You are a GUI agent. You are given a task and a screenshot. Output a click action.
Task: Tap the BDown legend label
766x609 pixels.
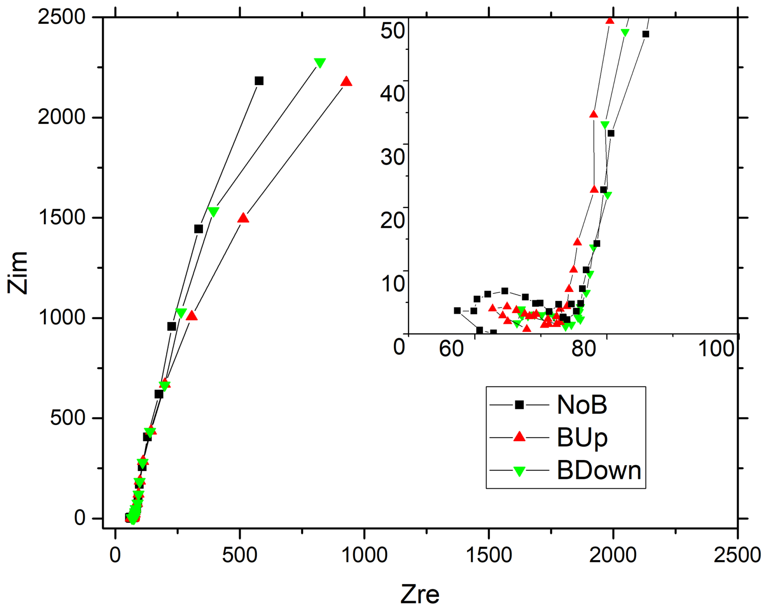pos(599,470)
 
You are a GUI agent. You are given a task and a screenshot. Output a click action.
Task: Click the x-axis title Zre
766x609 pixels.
pos(420,594)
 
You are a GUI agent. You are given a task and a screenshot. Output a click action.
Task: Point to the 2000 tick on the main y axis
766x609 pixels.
pos(62,117)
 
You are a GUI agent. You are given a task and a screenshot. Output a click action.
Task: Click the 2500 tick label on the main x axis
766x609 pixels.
pos(737,555)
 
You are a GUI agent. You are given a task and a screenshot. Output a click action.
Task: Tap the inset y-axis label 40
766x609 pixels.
pos(392,94)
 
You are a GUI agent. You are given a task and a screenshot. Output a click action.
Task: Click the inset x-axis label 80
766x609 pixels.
pos(583,348)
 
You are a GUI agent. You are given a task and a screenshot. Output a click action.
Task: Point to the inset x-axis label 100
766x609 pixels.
pos(716,348)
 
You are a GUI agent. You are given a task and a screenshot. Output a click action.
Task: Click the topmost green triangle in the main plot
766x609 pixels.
pos(320,63)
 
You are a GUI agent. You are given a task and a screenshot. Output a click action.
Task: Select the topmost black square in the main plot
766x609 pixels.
pos(259,81)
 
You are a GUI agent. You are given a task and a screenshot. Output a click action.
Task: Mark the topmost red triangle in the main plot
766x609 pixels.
pos(346,82)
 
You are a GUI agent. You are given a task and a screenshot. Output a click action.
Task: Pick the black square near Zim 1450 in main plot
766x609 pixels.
pos(199,229)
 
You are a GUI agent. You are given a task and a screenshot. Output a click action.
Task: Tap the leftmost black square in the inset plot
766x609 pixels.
pos(457,310)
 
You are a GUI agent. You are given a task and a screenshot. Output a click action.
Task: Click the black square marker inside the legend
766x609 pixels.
pos(519,405)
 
